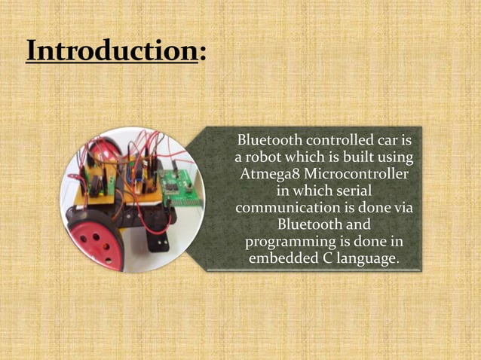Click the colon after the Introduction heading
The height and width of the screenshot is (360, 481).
(202, 53)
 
